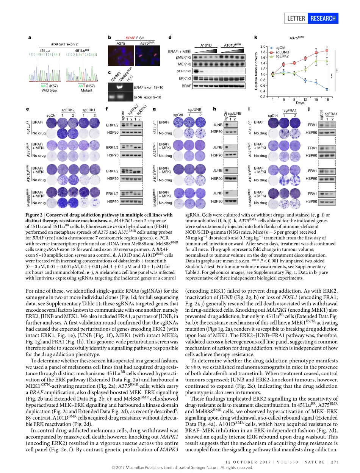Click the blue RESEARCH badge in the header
pyautogui.click(x=322, y=18)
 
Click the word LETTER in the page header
pyautogui.click(x=296, y=18)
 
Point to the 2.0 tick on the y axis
pyautogui.click(x=264, y=46)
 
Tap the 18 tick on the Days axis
pyautogui.click(x=327, y=99)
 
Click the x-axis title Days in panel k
pyautogui.click(x=300, y=103)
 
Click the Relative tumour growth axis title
pyautogui.click(x=257, y=71)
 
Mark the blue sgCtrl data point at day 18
pyautogui.click(x=327, y=89)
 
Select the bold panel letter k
pyautogui.click(x=256, y=37)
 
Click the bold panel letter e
pyautogui.click(x=28, y=109)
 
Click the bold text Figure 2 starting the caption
pyautogui.click(x=39, y=215)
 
